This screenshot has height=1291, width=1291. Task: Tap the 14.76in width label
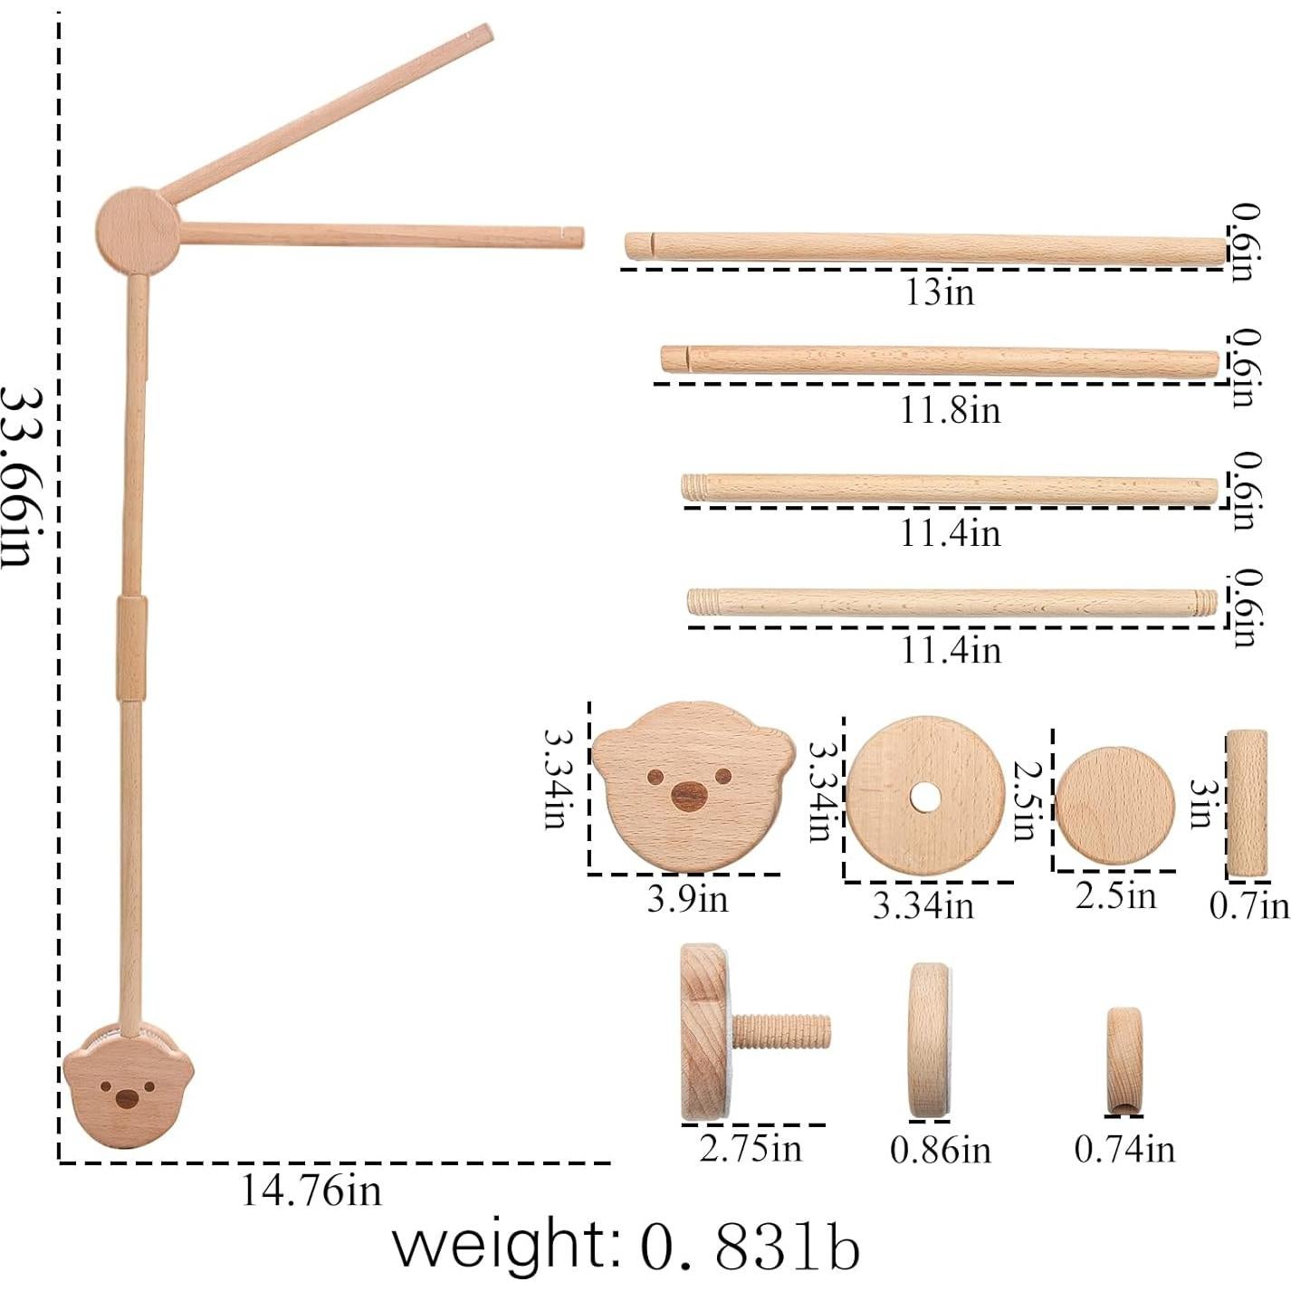[311, 1191]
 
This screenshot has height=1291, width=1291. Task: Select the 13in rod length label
[939, 292]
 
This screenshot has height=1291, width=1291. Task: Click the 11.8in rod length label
[950, 410]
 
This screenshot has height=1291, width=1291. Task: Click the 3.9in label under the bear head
[687, 898]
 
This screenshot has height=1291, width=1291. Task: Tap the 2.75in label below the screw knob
[751, 1148]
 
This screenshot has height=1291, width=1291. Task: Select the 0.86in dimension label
[940, 1150]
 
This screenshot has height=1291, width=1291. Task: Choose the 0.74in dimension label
[1124, 1149]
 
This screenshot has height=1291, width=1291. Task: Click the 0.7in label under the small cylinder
[1249, 906]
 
